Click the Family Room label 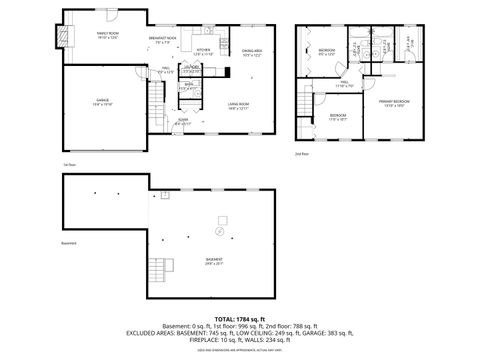[x=108, y=35]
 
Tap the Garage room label [x=103, y=102]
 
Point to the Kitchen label [x=202, y=51]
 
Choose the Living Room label [x=237, y=103]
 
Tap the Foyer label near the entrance [x=183, y=122]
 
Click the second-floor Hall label [x=343, y=85]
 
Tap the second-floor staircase [x=310, y=104]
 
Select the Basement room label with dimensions [x=214, y=262]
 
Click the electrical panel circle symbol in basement [x=219, y=231]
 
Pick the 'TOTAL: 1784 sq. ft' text [x=239, y=317]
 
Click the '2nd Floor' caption [x=301, y=154]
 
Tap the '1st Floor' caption [x=69, y=163]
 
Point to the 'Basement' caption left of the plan [x=69, y=243]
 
